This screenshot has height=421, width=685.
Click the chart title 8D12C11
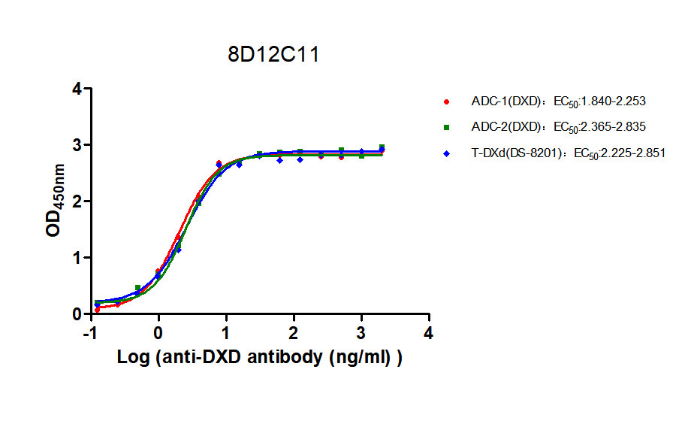(274, 55)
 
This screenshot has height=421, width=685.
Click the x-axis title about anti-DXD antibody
(260, 358)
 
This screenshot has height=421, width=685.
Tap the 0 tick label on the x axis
(158, 332)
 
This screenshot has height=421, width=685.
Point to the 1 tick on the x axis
(225, 332)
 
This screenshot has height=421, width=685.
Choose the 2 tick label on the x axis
(293, 332)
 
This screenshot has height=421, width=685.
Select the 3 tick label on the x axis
(361, 332)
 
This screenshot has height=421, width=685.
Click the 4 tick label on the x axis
(428, 332)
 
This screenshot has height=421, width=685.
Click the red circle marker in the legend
(447, 101)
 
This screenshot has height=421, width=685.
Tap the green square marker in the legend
(447, 127)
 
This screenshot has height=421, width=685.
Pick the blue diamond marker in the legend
(447, 153)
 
